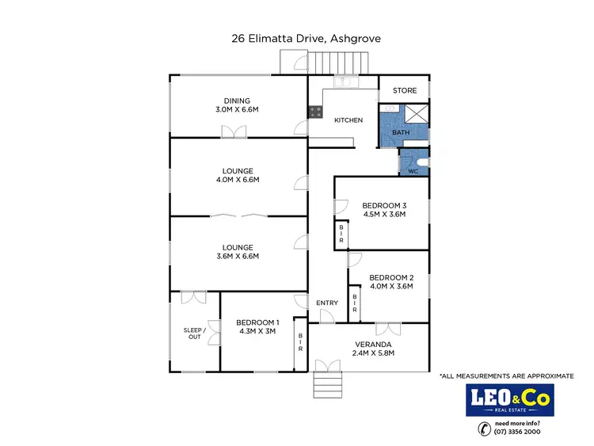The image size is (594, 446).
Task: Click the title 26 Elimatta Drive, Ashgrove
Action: (297, 38)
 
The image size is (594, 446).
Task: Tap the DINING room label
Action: (237, 101)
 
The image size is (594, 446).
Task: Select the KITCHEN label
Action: (348, 120)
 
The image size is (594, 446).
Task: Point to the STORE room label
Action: (405, 91)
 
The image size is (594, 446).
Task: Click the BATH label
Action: (402, 132)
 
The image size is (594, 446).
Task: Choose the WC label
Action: (413, 171)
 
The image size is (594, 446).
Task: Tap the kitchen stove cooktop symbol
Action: (315, 112)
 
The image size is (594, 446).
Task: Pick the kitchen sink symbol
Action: (347, 81)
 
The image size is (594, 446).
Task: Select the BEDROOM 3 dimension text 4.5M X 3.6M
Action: (383, 213)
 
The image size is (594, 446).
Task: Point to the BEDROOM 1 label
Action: (257, 322)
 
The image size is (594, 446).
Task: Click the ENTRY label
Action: (327, 303)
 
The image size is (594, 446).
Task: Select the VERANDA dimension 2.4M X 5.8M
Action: (372, 354)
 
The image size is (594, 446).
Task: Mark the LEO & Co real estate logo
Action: (510, 400)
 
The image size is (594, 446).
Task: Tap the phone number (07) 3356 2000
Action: (519, 433)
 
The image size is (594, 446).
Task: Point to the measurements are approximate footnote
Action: (506, 375)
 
